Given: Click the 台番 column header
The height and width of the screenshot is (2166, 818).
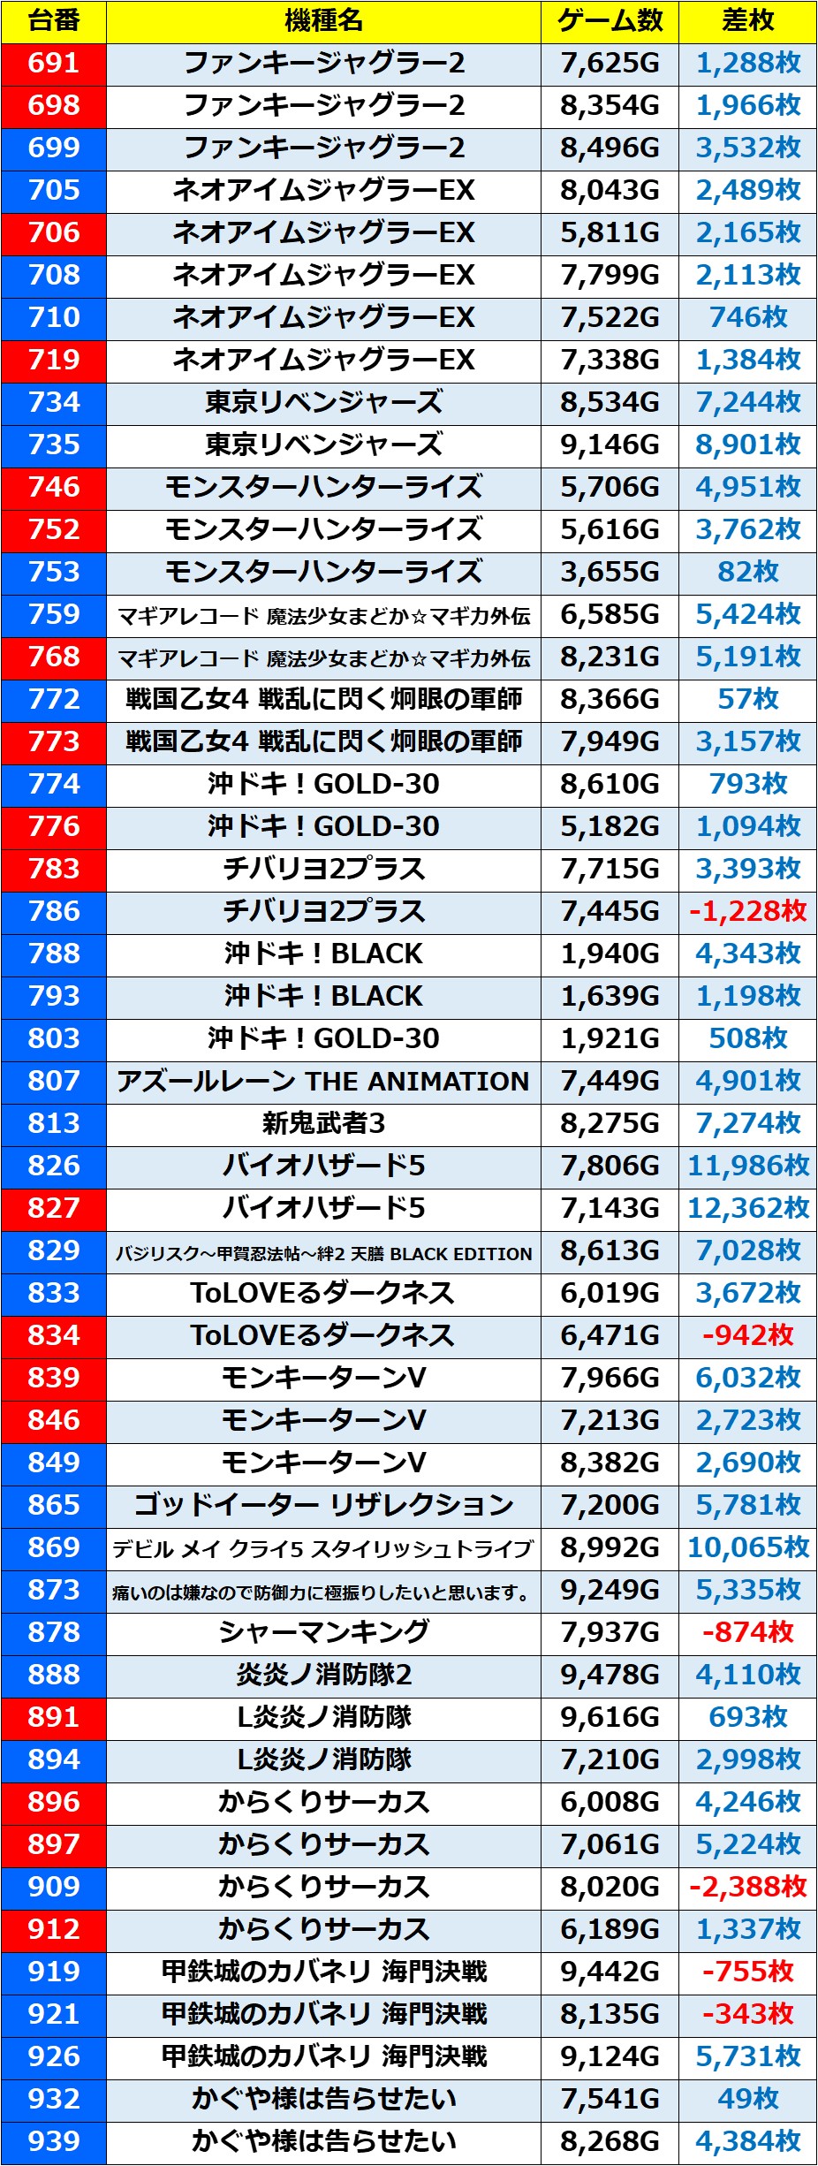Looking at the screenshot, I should point(54,21).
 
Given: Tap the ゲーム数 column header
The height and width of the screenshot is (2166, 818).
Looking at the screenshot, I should point(610,21).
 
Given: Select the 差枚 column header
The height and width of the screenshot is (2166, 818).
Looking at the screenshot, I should point(747,21).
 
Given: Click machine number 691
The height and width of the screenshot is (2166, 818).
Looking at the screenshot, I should point(54,63).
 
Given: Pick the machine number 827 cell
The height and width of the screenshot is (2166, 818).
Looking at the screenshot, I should point(54,1208).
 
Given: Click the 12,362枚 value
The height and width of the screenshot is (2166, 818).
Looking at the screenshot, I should point(747,1208).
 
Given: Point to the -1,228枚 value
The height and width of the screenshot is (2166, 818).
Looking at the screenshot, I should point(747,911).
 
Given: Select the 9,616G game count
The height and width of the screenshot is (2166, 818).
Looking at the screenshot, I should point(610,1717).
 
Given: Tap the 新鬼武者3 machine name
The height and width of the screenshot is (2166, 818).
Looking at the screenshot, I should point(323,1123).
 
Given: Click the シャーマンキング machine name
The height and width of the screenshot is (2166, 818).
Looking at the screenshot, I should point(323,1632).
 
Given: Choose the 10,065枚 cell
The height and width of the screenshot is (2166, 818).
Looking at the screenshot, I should point(747,1547).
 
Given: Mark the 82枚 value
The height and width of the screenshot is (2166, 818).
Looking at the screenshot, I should point(747,572).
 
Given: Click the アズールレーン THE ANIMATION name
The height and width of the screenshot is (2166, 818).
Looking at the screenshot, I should point(323,1081).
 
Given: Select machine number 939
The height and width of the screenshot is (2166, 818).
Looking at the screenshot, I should point(54,2141).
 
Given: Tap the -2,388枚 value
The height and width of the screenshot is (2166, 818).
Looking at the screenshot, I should point(747,1887).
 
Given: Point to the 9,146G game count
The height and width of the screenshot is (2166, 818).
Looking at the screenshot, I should point(610,445).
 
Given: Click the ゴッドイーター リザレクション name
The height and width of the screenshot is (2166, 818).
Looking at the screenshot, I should point(323,1505).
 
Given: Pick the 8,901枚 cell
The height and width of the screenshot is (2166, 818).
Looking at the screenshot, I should point(747,445).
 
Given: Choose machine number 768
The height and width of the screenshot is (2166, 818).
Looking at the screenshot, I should point(54,657).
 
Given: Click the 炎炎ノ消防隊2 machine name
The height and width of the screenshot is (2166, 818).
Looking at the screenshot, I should point(323,1675).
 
